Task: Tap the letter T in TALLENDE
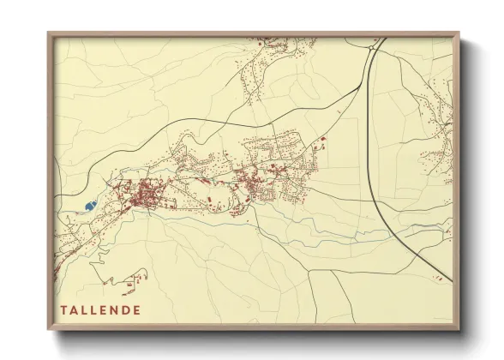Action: tap(63, 309)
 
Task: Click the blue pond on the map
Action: tap(90, 206)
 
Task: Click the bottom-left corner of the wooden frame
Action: tap(49, 329)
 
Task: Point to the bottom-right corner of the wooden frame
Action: tap(458, 329)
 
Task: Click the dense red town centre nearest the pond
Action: tap(141, 195)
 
